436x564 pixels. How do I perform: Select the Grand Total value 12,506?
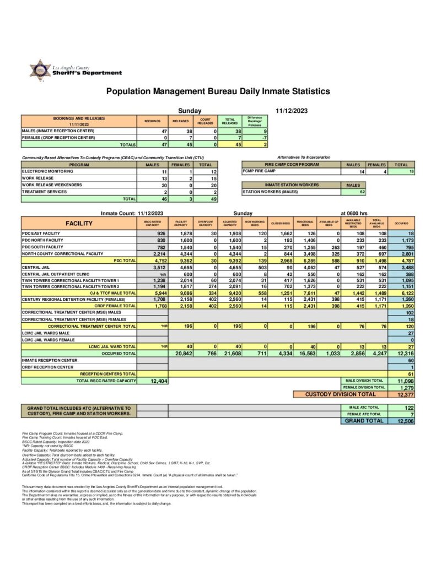(405, 421)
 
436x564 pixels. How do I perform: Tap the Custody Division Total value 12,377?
(405, 394)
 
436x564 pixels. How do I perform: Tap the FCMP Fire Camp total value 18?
(411, 172)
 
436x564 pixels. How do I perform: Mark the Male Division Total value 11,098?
(405, 381)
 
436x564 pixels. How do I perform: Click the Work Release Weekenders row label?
(52, 185)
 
